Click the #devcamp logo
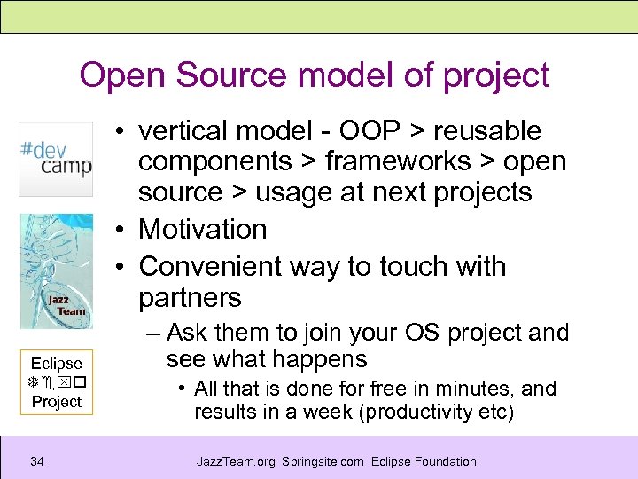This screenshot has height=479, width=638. coord(56,159)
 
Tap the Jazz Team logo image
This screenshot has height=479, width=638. coord(56,271)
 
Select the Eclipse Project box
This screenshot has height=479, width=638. coord(56,382)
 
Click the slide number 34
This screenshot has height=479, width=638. coord(37,461)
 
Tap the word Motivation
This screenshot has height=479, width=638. coord(203,229)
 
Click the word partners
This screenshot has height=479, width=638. coord(190,298)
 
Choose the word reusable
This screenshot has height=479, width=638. coord(487,131)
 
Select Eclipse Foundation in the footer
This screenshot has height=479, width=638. coord(424,461)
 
